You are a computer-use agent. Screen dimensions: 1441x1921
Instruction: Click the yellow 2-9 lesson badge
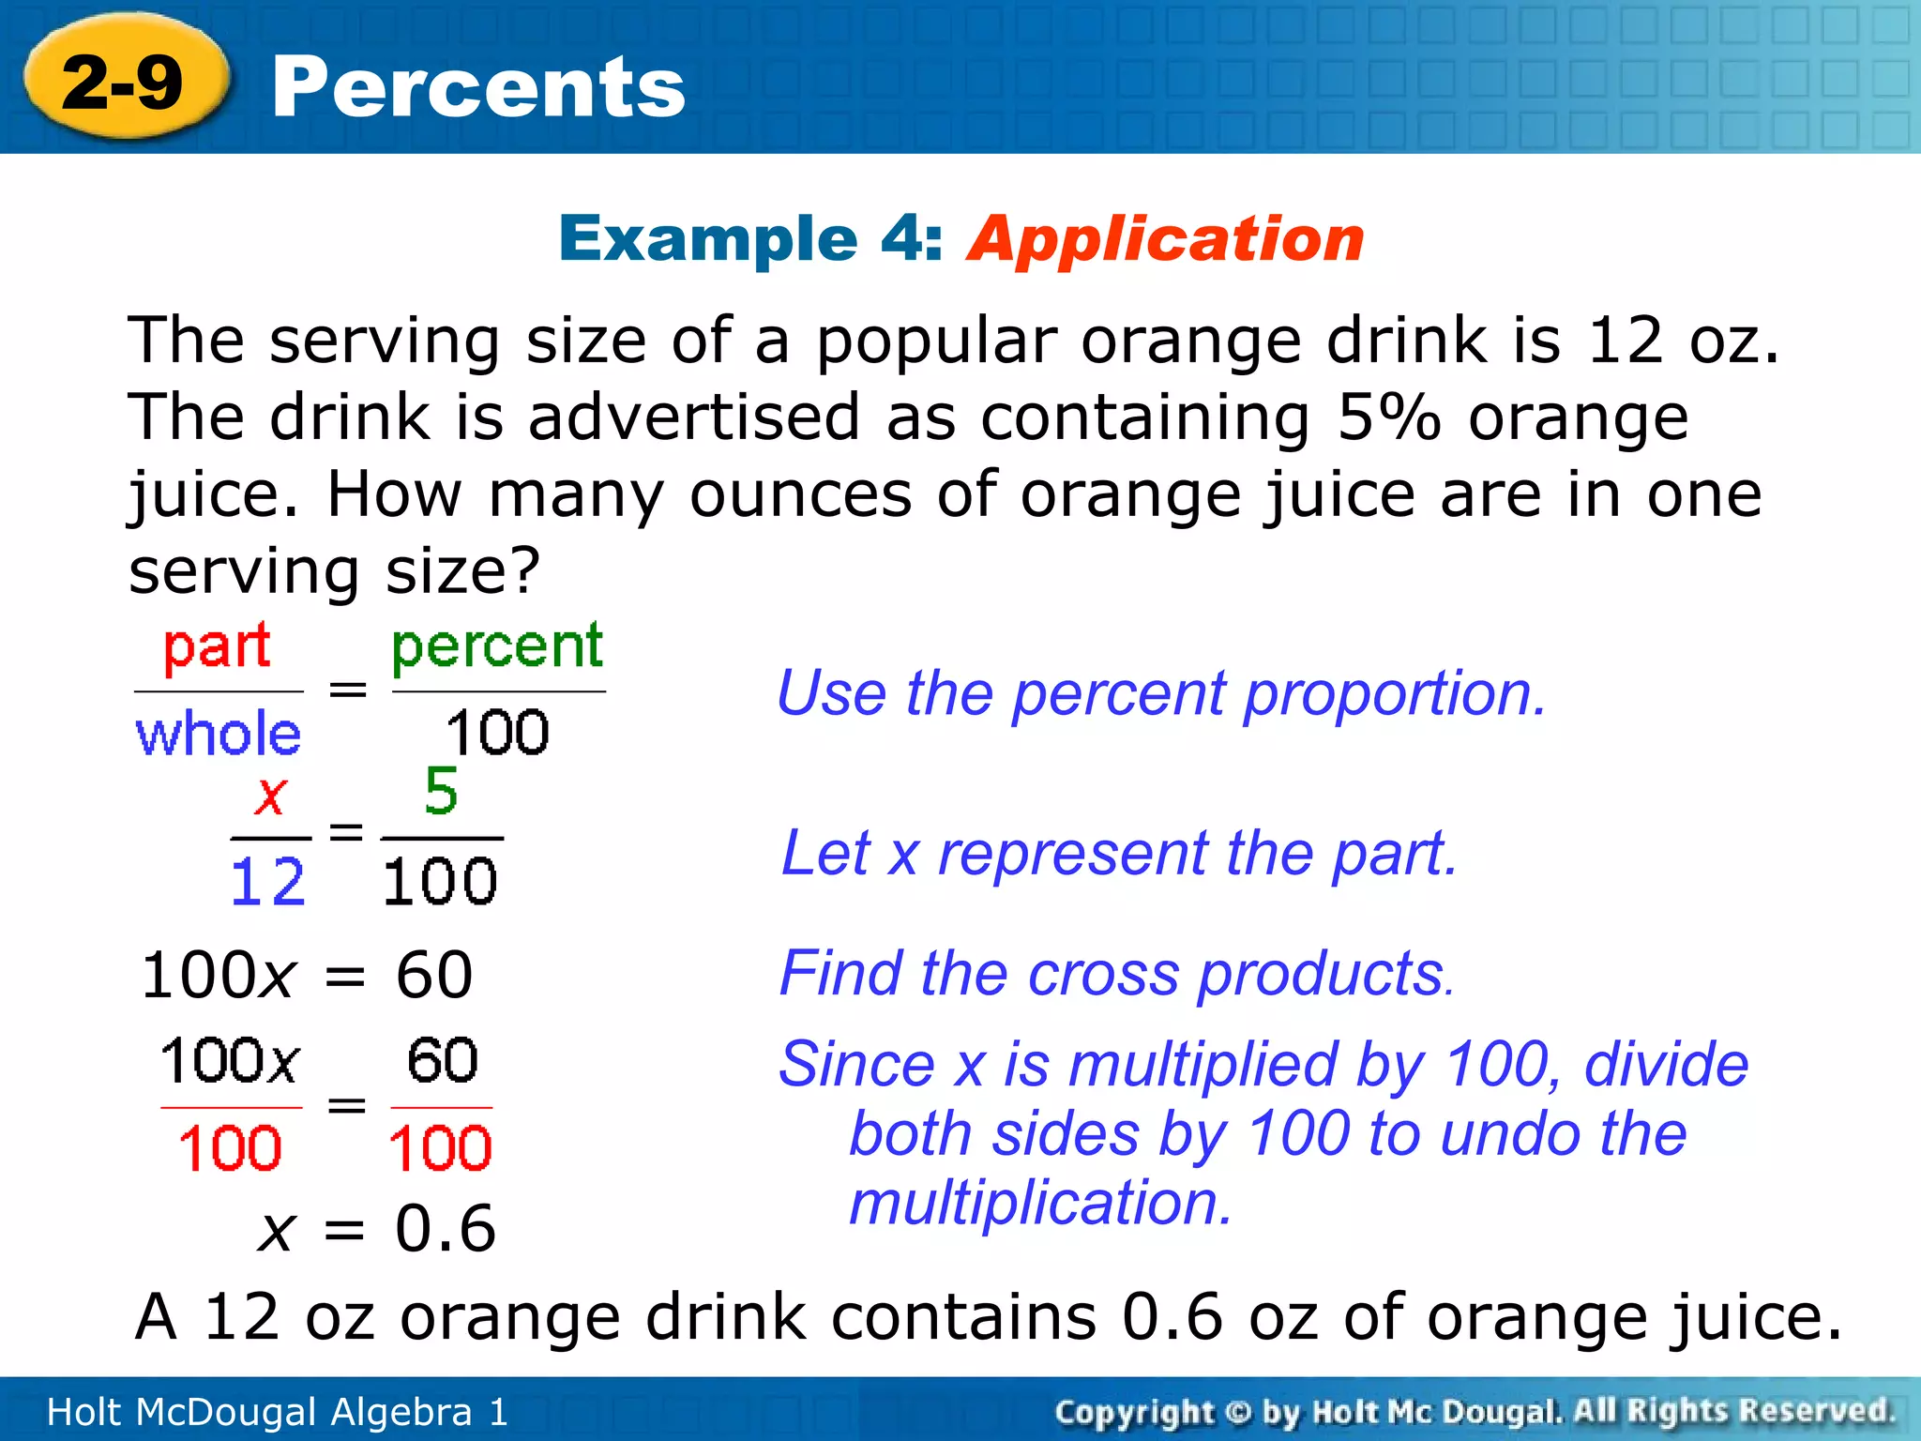(123, 82)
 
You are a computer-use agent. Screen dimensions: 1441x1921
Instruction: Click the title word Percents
(478, 87)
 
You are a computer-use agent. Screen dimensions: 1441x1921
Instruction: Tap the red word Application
(1166, 238)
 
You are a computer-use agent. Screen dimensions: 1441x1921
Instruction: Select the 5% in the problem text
(1388, 417)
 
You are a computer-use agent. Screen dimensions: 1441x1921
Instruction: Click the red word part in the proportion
(217, 647)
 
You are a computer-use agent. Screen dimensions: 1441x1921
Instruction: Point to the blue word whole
(219, 734)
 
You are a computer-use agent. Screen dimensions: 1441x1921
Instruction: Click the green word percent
(497, 647)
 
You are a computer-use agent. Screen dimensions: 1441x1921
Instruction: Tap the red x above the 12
(270, 796)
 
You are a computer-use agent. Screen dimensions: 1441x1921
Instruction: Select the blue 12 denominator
(268, 882)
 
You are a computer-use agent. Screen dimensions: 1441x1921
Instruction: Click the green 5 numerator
(441, 791)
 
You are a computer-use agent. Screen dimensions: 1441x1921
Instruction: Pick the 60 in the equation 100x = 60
(434, 975)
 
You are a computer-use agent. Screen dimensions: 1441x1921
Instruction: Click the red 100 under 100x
(230, 1148)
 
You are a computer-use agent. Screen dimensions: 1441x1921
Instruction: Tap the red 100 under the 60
(440, 1148)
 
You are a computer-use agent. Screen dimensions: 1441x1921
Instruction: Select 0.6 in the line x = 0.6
(445, 1229)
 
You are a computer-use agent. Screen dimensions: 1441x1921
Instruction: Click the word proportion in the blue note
(1395, 694)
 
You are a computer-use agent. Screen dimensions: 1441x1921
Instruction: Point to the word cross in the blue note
(1103, 974)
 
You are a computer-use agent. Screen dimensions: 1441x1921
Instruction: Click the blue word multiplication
(1040, 1204)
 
